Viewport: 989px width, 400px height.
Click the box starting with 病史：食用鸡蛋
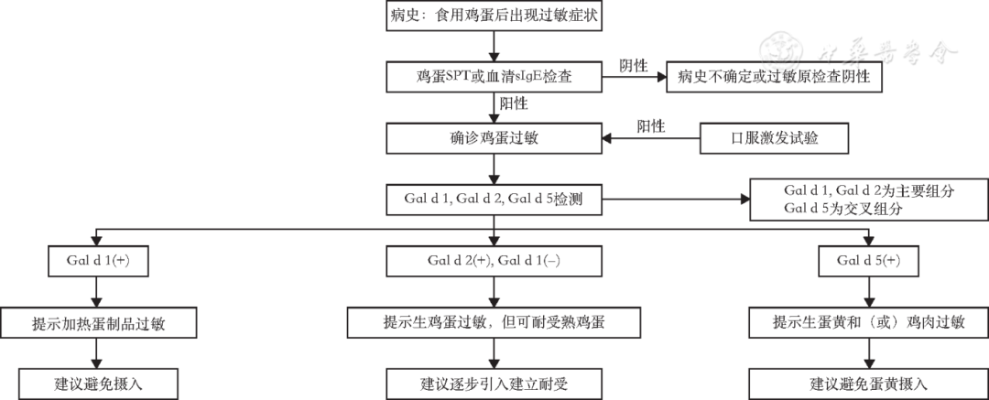tap(494, 16)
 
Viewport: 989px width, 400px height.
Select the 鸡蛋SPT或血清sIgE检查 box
tap(494, 77)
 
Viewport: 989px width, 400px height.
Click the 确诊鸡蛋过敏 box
tap(494, 138)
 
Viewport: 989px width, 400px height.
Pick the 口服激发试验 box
tap(775, 138)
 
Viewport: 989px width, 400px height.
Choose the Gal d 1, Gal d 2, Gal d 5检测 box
tap(494, 199)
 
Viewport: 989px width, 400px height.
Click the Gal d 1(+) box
tap(95, 260)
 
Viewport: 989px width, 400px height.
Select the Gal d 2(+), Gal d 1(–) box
tap(494, 260)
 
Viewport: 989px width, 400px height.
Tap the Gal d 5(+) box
tap(869, 260)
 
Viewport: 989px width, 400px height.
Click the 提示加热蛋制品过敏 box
tap(95, 322)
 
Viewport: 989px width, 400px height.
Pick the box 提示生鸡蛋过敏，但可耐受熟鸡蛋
tap(494, 322)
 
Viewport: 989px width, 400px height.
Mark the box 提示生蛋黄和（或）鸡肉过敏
tap(869, 322)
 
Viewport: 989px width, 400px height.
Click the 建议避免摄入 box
tap(95, 383)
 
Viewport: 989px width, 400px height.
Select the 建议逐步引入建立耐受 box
tap(494, 383)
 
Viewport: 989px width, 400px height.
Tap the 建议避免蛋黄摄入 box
tap(869, 383)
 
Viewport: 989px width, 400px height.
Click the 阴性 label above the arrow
tap(633, 65)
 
